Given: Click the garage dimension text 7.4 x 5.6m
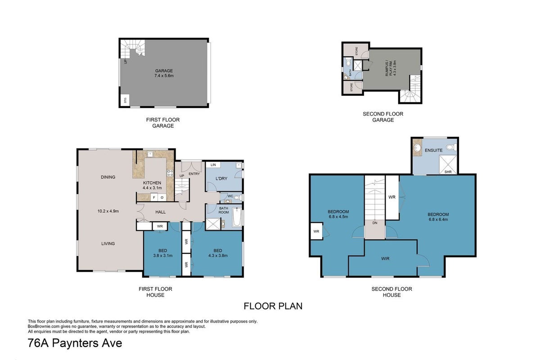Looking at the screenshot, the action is (164, 76).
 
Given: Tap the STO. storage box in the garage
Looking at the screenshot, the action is (125, 100).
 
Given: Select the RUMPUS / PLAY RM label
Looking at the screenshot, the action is (389, 68).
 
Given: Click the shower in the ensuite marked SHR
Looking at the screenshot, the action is (448, 165).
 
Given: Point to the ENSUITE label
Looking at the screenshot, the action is (433, 150).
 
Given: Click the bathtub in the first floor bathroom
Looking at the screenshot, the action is (237, 217).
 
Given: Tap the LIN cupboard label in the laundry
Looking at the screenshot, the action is (213, 165).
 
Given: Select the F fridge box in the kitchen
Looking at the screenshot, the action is (154, 198).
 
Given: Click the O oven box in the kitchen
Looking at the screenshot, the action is (162, 198).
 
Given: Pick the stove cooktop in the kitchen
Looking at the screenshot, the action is (170, 173).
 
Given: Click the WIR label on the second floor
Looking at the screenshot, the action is (385, 259).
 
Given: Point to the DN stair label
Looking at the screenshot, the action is (374, 223).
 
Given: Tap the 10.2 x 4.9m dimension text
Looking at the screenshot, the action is (108, 211).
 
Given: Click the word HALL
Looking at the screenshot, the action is (160, 212).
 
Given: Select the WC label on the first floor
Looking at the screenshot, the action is (230, 196).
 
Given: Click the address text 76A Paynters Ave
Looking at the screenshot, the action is (75, 343).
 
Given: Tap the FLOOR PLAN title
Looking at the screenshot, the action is (273, 306).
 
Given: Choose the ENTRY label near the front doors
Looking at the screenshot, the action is (194, 174).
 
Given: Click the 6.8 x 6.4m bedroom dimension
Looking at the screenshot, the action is (438, 220).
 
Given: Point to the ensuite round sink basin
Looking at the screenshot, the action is (417, 148).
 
